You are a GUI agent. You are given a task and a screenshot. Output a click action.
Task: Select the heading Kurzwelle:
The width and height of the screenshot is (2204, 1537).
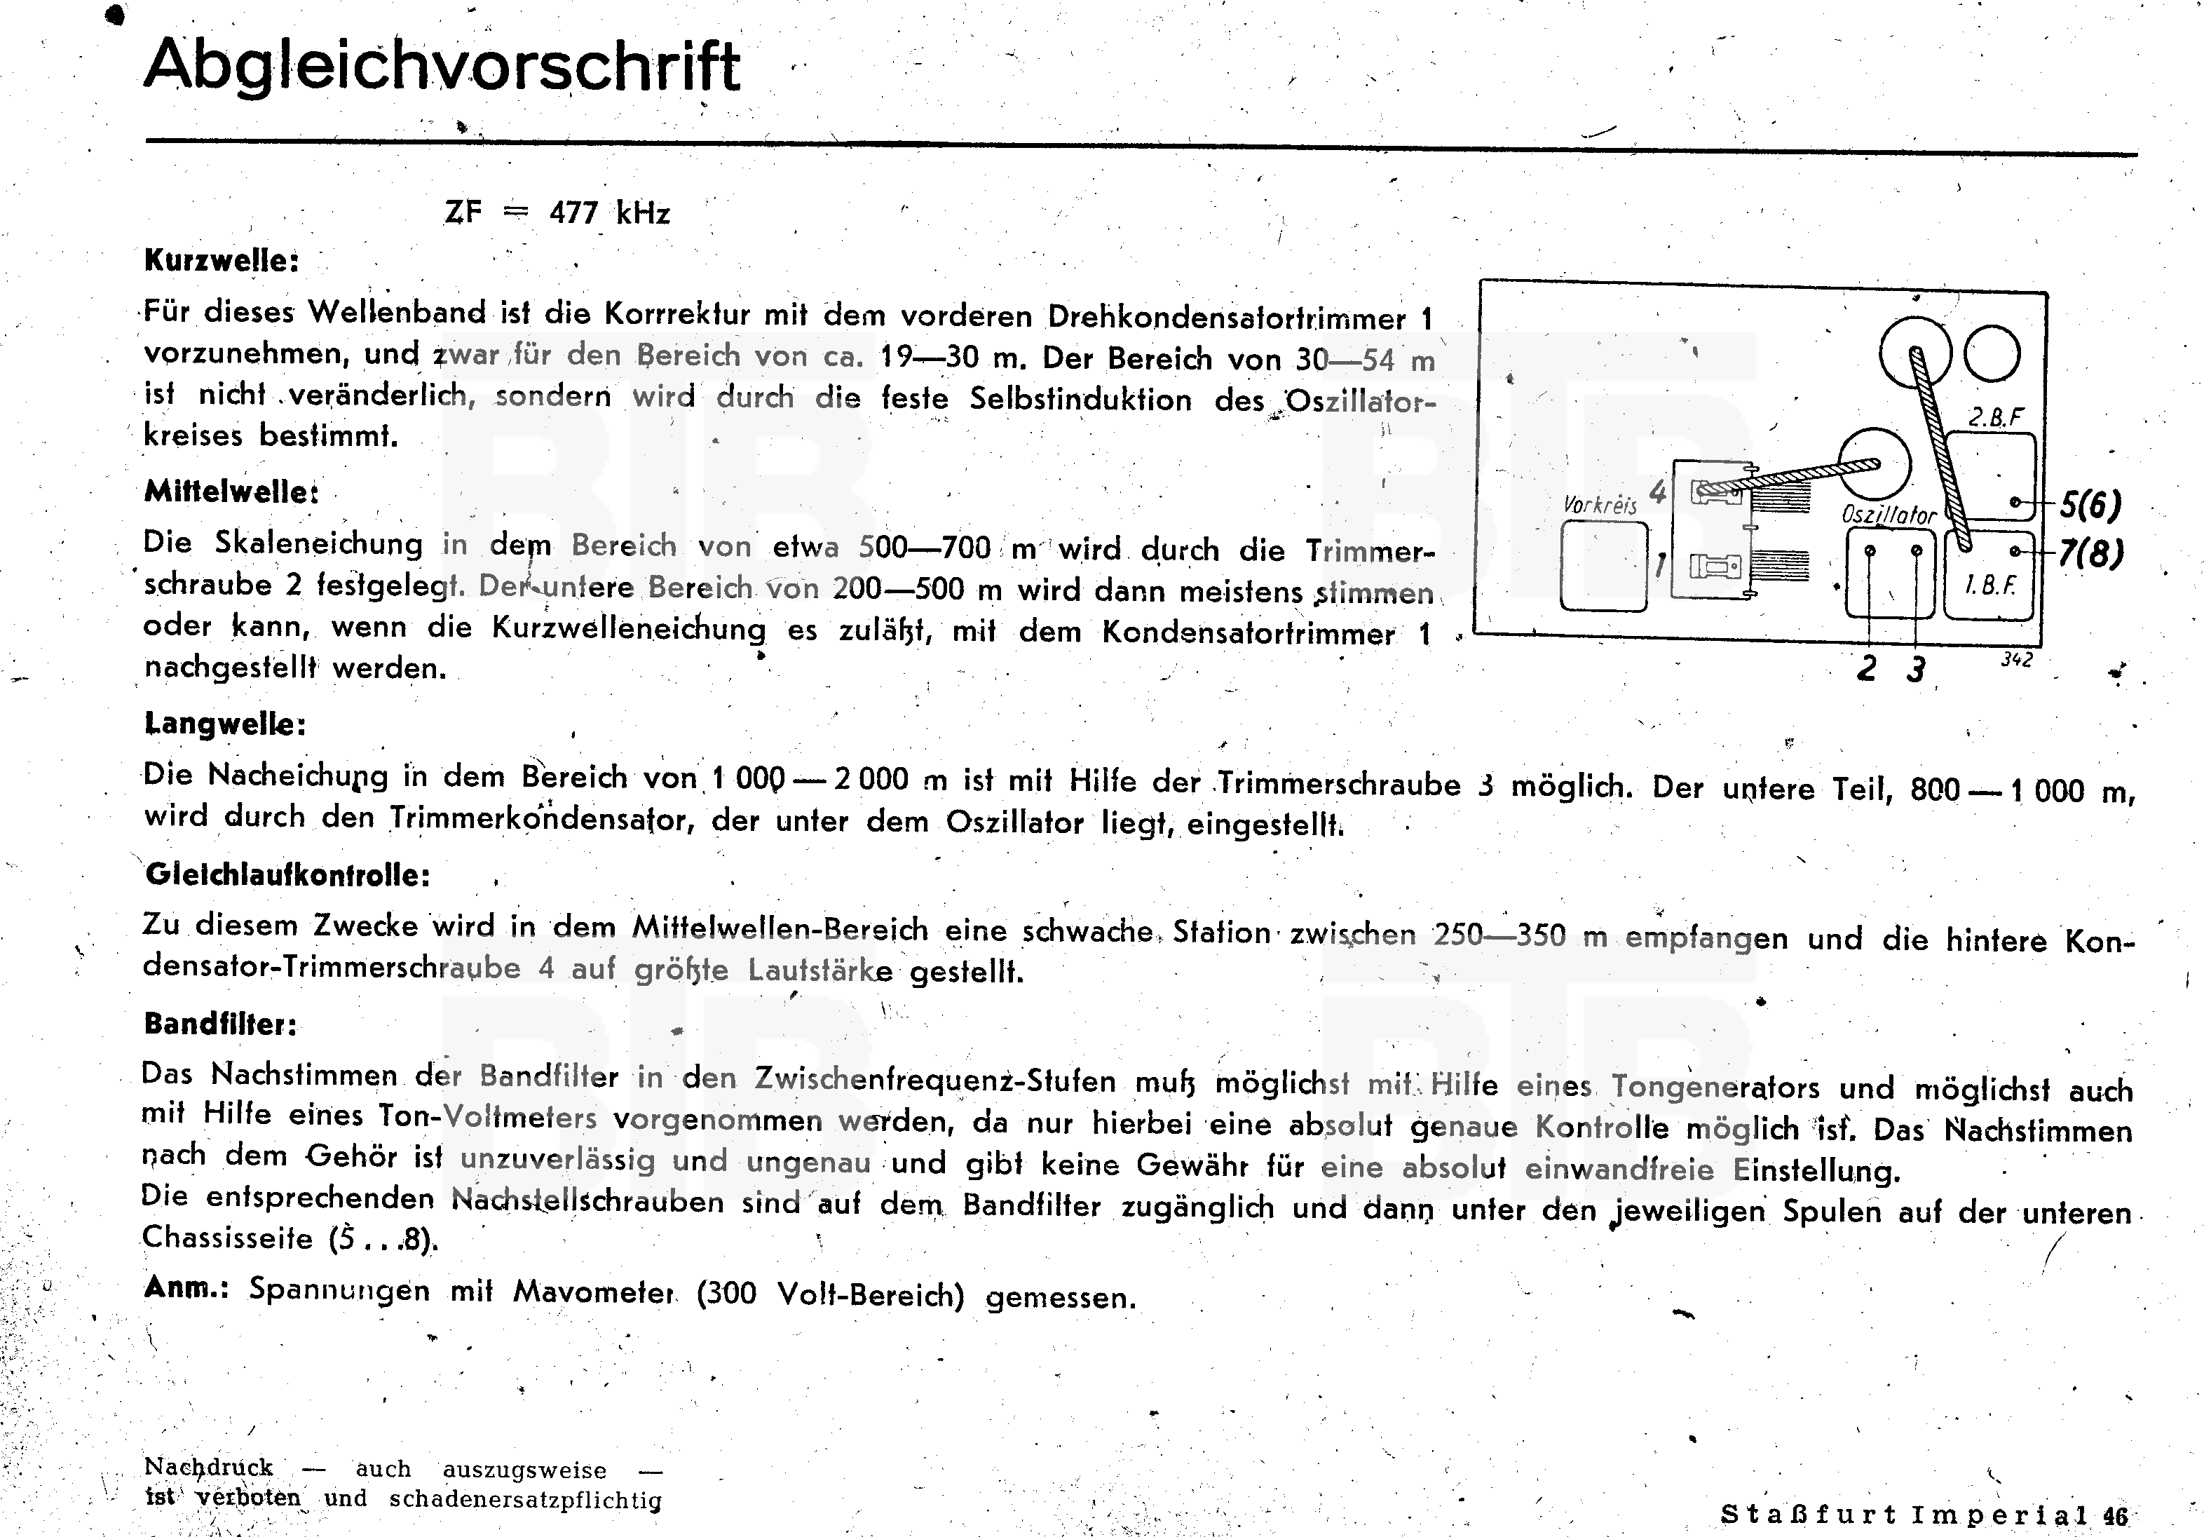tap(222, 261)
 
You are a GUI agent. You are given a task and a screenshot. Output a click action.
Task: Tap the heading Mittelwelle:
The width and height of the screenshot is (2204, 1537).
tap(231, 492)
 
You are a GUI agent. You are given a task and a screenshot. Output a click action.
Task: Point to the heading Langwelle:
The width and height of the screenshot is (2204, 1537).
tap(224, 723)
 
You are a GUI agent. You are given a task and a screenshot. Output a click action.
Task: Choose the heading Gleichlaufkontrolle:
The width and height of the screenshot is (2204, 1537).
tap(287, 874)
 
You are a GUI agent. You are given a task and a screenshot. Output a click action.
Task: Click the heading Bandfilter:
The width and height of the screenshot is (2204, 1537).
tap(221, 1024)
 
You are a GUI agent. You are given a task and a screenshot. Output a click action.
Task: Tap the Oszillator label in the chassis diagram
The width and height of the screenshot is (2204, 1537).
tap(1888, 515)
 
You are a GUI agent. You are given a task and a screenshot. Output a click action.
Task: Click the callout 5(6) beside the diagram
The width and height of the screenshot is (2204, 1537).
tap(2090, 505)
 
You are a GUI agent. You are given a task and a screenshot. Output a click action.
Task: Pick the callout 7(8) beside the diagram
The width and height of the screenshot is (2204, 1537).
tap(2090, 554)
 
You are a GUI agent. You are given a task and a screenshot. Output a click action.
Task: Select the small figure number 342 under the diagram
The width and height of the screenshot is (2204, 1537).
tap(2016, 660)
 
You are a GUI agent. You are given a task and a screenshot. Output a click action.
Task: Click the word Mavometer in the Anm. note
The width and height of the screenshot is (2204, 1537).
tap(592, 1292)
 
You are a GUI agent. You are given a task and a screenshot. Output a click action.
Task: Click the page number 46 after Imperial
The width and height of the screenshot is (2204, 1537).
tap(2115, 1516)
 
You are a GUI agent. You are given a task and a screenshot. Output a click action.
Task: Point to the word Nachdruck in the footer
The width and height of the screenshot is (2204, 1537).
tap(208, 1468)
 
